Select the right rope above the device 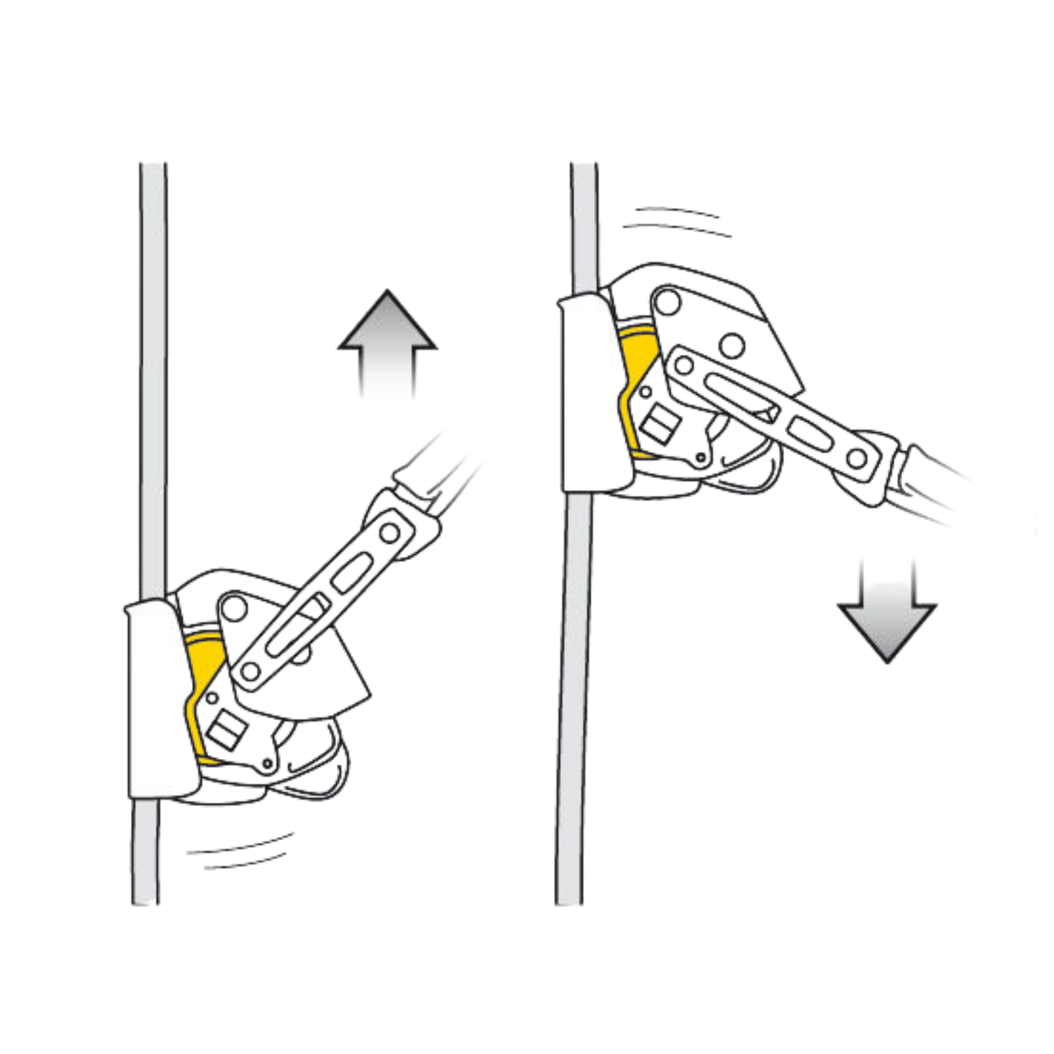[x=584, y=224]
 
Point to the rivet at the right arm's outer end [x=856, y=458]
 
